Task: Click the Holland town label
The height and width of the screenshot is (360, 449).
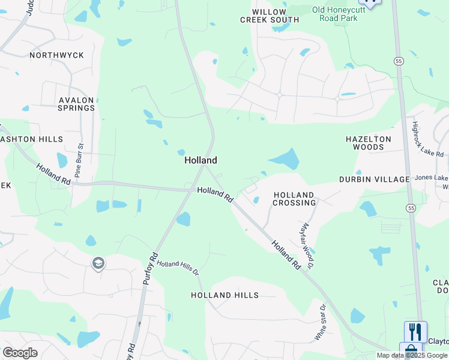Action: (x=200, y=161)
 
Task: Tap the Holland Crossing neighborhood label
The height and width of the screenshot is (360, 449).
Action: (x=294, y=199)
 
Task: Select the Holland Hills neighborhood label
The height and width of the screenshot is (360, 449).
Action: (x=224, y=295)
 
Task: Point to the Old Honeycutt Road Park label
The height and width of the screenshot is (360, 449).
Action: (x=335, y=14)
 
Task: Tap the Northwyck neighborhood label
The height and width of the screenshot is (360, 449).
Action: (x=56, y=55)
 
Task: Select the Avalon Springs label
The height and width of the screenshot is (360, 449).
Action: (x=77, y=104)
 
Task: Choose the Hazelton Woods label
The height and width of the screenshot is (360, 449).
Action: (x=369, y=143)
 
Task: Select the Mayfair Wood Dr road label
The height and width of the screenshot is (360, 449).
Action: (x=307, y=245)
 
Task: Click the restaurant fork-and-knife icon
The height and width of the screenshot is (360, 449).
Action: (x=415, y=331)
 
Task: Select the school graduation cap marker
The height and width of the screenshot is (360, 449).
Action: (x=98, y=263)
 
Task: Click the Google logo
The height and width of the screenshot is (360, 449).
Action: (x=20, y=353)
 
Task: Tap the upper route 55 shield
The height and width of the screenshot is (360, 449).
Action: (x=399, y=61)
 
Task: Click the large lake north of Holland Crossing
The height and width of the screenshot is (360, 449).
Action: (x=286, y=159)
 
